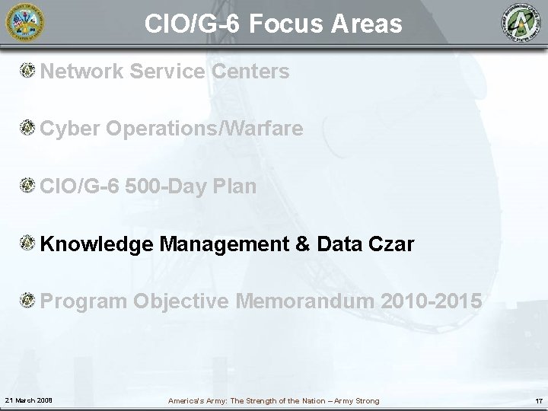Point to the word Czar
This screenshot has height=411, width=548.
click(393, 244)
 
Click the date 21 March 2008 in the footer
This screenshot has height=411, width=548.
click(29, 400)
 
